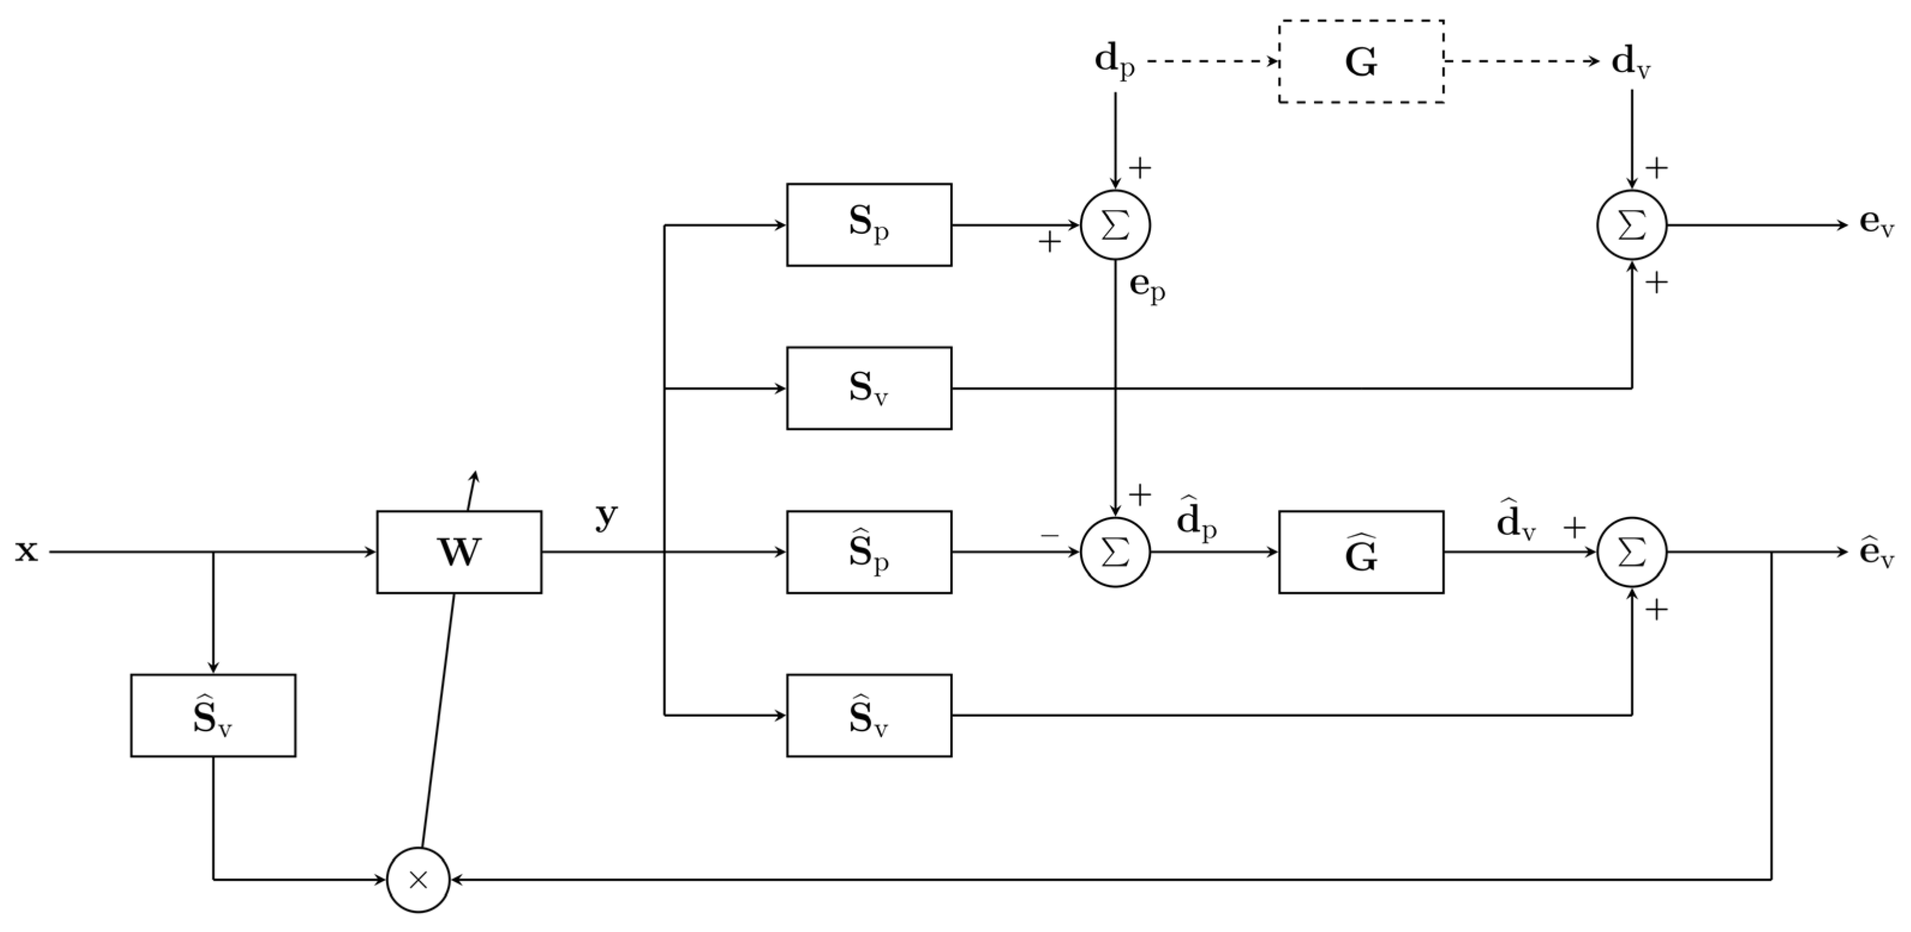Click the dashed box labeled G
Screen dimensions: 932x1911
point(1361,62)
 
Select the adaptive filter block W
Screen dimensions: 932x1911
point(458,552)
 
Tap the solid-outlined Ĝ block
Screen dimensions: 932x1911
point(1361,552)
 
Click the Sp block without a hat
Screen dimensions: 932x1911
point(869,225)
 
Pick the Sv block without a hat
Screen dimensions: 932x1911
point(869,388)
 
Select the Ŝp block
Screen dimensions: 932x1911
point(869,552)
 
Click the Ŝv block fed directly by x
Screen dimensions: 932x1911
point(213,715)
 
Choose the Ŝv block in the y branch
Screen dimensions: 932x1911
point(869,715)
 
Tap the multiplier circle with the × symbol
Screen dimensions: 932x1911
point(418,880)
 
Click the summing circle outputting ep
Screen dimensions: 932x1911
point(1115,226)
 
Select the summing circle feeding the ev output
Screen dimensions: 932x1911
point(1632,226)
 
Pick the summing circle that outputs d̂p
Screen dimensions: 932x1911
point(1115,552)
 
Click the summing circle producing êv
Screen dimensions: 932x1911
point(1632,552)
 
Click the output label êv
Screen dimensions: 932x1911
point(1877,553)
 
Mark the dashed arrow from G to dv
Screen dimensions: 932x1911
point(1521,62)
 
